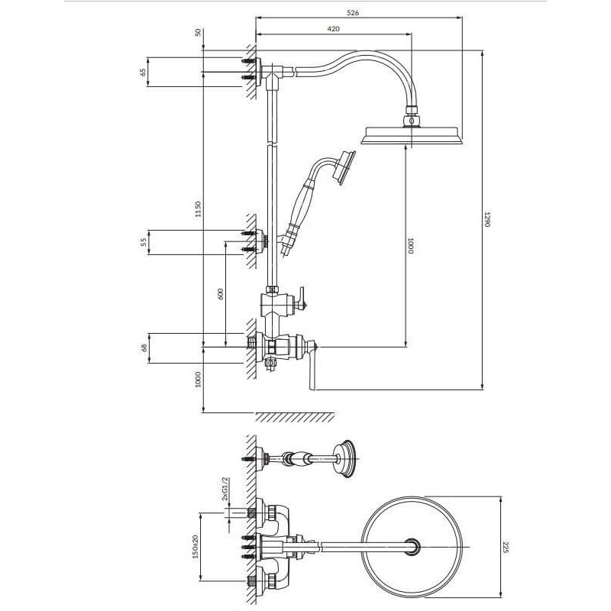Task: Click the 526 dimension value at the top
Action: pos(352,13)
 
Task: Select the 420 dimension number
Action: pos(334,29)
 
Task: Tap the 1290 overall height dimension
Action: pos(487,219)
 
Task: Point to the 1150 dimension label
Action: pos(198,209)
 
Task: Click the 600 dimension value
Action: pos(221,294)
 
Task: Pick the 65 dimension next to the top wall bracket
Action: pos(143,72)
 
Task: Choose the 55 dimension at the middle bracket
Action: pos(144,242)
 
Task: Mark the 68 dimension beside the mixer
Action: pos(144,348)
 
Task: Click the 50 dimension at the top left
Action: pos(199,32)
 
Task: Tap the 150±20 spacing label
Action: pos(196,546)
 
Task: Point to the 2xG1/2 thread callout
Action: pos(225,488)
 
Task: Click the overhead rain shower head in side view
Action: pos(412,135)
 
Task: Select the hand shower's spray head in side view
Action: pos(344,167)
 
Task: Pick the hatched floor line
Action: pos(295,416)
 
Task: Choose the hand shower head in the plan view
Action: pos(345,459)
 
